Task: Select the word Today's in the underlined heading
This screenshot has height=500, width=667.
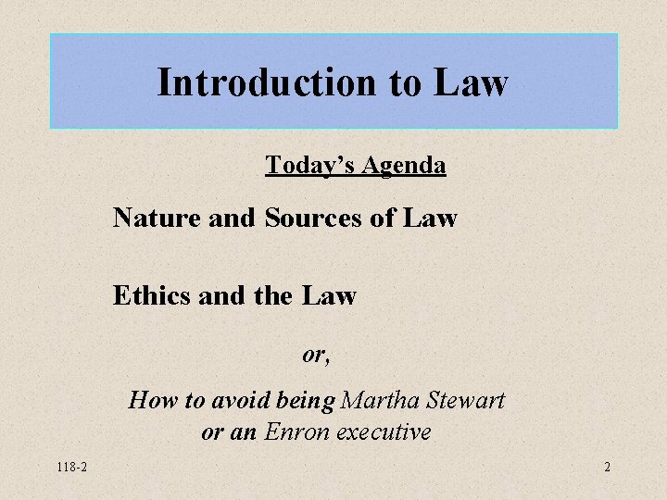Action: coord(309,166)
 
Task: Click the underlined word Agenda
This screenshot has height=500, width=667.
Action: coord(403,166)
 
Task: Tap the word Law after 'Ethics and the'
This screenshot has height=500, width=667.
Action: coord(329,296)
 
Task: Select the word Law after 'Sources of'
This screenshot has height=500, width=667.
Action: coord(430,219)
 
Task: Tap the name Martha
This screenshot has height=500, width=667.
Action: coord(381,401)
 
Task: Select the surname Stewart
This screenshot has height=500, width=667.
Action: coord(466,401)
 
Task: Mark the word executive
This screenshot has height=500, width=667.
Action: coord(384,432)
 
